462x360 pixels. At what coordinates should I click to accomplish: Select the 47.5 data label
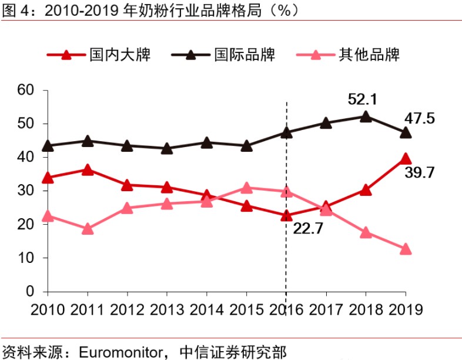419,118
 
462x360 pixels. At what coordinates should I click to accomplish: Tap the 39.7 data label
419,172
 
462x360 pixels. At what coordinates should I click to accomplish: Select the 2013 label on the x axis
167,308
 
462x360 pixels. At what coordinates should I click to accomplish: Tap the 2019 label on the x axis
406,308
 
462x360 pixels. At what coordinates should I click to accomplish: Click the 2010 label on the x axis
48,308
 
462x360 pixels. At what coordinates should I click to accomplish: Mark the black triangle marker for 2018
366,116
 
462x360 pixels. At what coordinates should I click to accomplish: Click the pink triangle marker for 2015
246,188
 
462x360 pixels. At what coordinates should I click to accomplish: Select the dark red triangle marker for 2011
88,170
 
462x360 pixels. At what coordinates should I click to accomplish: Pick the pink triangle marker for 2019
405,249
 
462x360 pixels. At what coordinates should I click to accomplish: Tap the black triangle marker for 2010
48,146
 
